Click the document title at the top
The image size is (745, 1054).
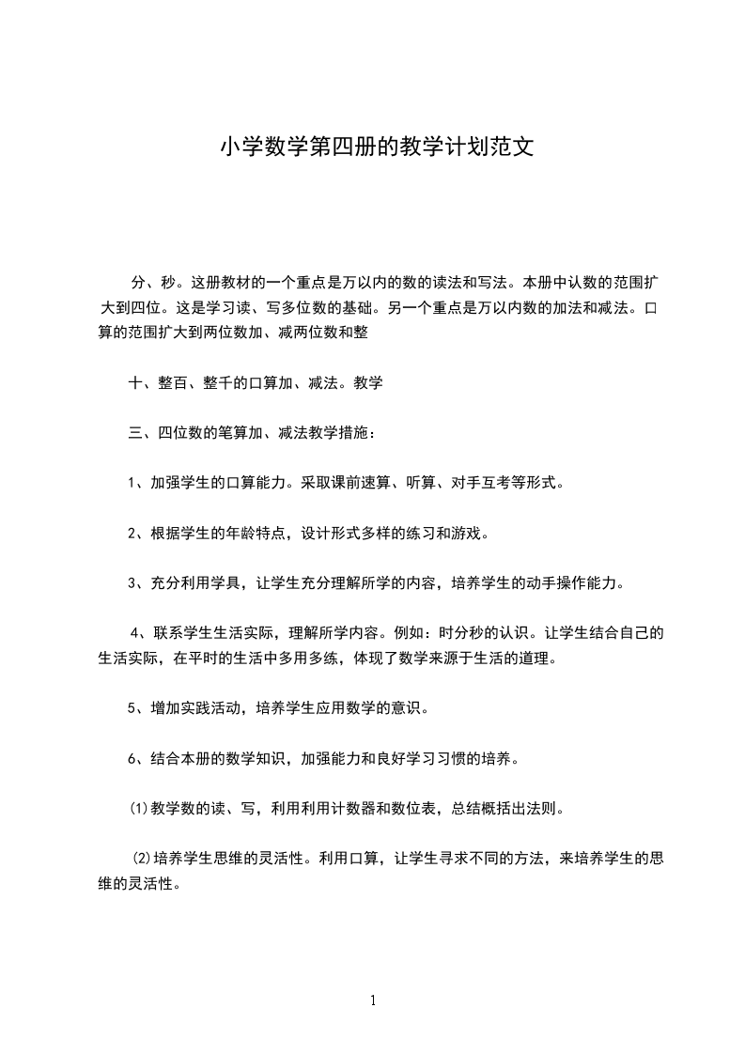pyautogui.click(x=377, y=147)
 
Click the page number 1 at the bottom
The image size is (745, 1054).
pyautogui.click(x=373, y=1000)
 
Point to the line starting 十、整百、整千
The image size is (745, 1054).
pyautogui.click(x=255, y=383)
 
